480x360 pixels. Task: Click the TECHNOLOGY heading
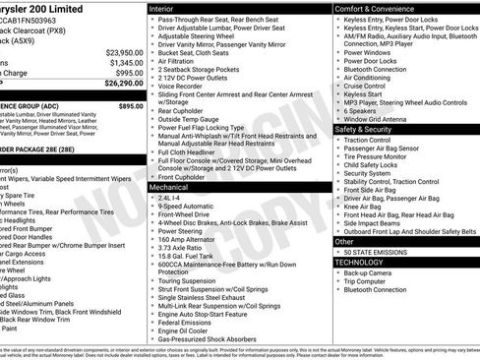pos(360,263)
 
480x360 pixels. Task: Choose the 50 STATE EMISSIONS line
pos(379,252)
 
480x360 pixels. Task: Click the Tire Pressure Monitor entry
pos(382,156)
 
